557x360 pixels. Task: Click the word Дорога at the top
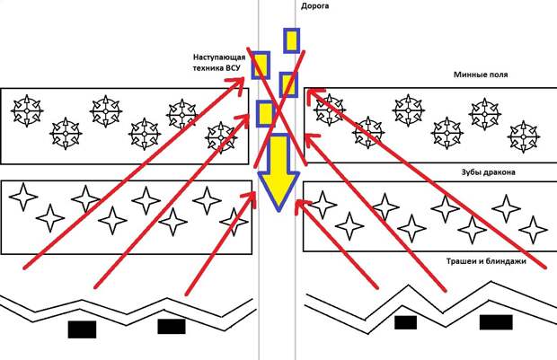tap(314, 5)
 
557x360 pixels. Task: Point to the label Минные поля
tap(481, 75)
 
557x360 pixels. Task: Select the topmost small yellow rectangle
tap(291, 40)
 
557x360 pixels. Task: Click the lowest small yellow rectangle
tap(265, 114)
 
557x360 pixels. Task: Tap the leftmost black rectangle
tap(82, 329)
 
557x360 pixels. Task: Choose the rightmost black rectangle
tap(496, 322)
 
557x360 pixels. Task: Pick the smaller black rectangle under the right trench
tap(405, 322)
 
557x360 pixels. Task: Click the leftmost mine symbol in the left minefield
tap(26, 110)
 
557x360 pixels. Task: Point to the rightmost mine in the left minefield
tap(221, 136)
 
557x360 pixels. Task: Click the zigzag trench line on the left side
tap(126, 306)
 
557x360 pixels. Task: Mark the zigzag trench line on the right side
tap(431, 297)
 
